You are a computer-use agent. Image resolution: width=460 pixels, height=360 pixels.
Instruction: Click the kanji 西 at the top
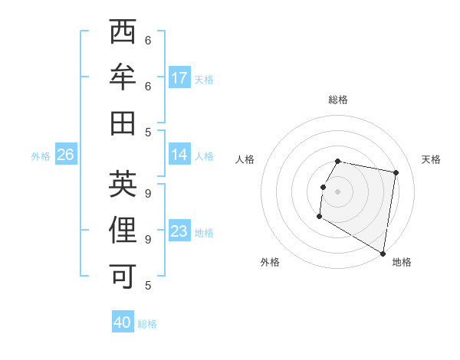point(123,34)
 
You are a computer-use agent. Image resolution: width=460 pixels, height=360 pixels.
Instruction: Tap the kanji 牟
point(123,78)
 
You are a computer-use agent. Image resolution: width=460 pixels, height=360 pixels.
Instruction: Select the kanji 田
point(123,123)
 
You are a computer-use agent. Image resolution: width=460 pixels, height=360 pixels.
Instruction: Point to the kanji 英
point(123,184)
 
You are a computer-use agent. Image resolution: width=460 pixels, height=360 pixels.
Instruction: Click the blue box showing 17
point(179,77)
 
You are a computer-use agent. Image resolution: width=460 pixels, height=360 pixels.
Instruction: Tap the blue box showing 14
point(179,155)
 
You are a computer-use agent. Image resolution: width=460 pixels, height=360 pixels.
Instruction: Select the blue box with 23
point(179,231)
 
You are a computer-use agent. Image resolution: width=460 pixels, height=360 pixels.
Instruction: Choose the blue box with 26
point(65,155)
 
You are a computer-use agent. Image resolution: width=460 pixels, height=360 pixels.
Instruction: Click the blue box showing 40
point(123,322)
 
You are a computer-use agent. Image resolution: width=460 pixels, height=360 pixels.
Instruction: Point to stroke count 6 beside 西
point(148,41)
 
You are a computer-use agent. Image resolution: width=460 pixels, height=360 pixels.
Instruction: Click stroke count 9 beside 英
point(148,194)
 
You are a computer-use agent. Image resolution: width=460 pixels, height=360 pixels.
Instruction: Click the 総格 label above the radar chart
point(338,100)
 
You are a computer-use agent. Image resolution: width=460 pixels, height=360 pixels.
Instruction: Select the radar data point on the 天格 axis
point(396,173)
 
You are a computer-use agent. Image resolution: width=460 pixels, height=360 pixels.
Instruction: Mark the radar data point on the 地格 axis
point(383,254)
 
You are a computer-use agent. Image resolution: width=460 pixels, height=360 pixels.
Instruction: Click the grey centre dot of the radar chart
point(338,191)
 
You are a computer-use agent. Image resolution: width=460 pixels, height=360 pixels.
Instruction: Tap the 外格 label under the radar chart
point(270,262)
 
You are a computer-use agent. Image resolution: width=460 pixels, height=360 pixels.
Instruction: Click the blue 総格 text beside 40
point(147,324)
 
